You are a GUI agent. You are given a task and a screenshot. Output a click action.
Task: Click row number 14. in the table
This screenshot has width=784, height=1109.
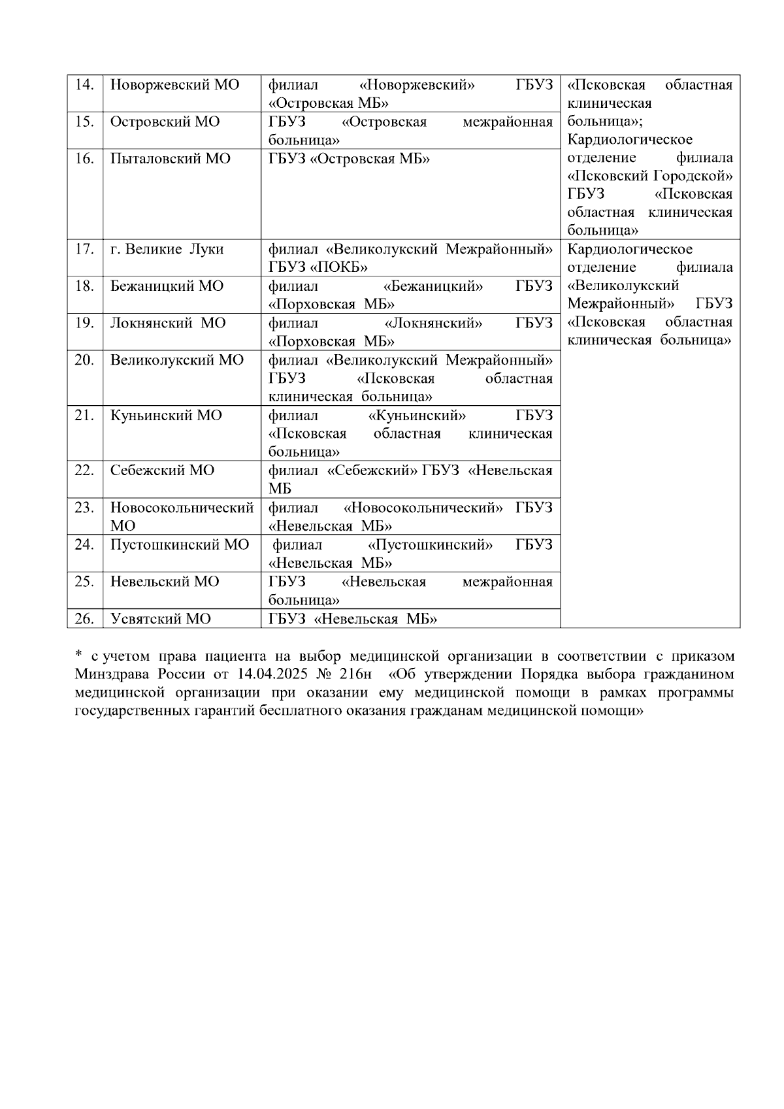tap(84, 85)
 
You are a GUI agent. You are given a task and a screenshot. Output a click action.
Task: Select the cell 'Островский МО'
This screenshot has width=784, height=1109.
tap(165, 122)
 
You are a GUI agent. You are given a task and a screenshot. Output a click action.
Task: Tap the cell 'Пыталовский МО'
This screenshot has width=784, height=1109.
tap(170, 159)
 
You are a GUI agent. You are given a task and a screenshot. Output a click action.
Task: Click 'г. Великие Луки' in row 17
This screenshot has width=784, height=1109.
tap(167, 249)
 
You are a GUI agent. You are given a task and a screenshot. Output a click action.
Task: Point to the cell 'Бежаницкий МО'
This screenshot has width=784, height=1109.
tap(167, 286)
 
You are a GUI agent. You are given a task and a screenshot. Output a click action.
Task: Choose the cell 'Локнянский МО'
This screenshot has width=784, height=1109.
tap(168, 323)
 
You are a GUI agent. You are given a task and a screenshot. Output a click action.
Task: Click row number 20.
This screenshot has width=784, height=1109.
tap(84, 360)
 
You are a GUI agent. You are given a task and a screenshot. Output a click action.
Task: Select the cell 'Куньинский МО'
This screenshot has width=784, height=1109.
tap(166, 416)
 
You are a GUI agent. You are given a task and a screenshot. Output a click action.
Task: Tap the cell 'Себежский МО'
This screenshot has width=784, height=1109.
tap(162, 471)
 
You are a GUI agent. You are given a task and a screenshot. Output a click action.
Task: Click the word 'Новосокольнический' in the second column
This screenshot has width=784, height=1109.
tap(182, 508)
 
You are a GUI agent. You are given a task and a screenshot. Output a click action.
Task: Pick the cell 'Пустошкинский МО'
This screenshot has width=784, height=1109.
tap(180, 545)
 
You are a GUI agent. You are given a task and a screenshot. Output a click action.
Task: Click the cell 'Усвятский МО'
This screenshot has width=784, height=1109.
tap(160, 619)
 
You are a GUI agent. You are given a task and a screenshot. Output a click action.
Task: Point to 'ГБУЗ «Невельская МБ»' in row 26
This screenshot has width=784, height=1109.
tap(353, 619)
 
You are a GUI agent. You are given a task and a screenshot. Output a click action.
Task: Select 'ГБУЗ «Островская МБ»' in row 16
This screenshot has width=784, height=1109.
tap(349, 159)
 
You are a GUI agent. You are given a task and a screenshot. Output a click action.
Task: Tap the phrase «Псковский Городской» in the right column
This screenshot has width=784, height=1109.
tap(649, 176)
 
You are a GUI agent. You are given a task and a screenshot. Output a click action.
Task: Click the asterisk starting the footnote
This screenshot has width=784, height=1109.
tap(78, 655)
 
